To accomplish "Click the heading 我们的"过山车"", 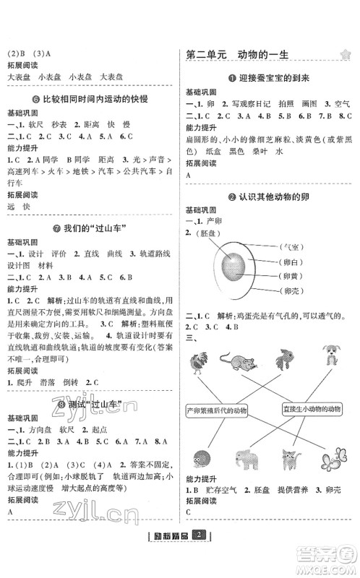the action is (90, 230).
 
